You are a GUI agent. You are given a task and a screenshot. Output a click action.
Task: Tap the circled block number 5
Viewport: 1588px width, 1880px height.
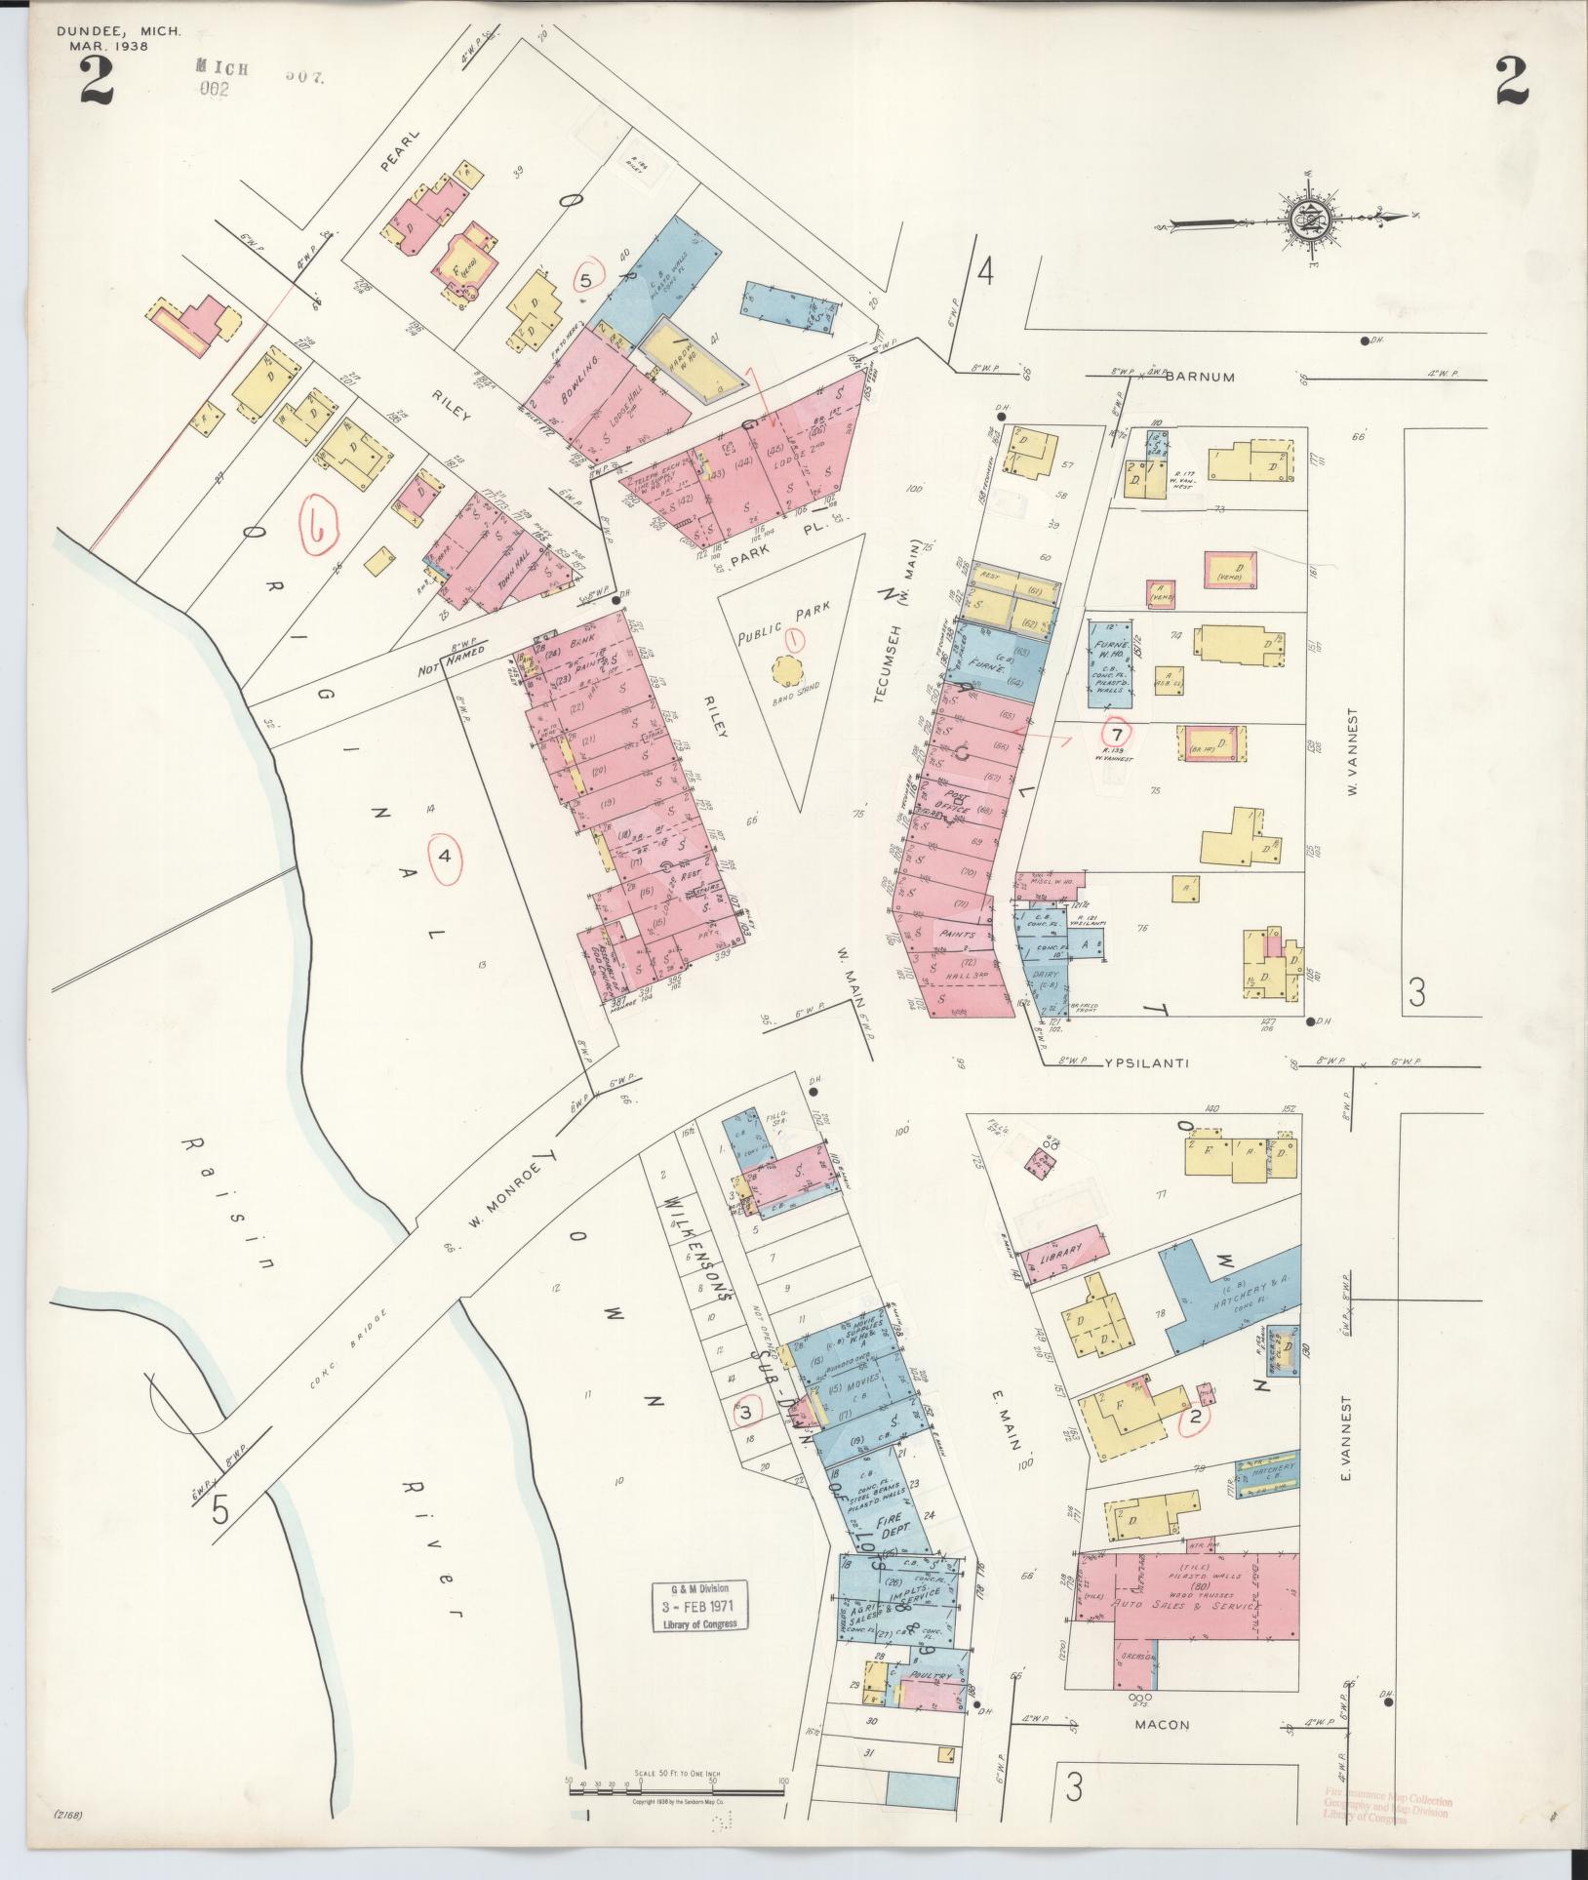tap(585, 280)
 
